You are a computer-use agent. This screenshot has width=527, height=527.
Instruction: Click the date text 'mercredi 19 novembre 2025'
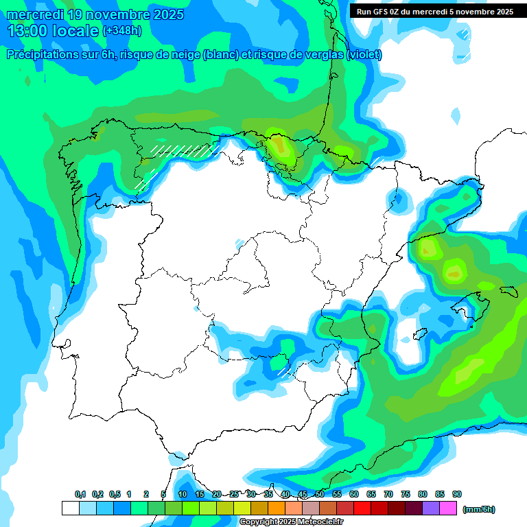(x=95, y=14)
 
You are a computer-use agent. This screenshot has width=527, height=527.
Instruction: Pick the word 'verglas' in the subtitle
(x=327, y=55)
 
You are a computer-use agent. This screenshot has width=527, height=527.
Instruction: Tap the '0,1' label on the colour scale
(x=80, y=494)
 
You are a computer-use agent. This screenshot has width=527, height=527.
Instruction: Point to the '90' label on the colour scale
(x=457, y=494)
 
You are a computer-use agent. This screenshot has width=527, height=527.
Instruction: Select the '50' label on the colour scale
(x=320, y=494)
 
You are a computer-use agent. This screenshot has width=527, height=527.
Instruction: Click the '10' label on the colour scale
(x=183, y=494)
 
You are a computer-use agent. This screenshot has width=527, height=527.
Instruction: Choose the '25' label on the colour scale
(x=234, y=494)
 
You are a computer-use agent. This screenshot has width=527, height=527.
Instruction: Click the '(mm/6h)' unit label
(x=479, y=509)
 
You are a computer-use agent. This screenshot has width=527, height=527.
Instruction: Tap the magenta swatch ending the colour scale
(x=449, y=508)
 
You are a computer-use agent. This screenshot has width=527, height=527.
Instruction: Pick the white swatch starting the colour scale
(x=70, y=508)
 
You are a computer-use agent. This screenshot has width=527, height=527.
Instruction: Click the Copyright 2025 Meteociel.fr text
(x=291, y=522)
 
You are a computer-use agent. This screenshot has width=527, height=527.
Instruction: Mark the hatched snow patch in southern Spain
(x=283, y=372)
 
